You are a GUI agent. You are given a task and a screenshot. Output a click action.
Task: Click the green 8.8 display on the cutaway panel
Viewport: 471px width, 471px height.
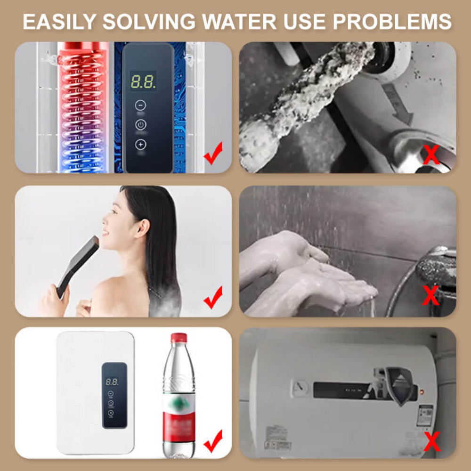(143, 81)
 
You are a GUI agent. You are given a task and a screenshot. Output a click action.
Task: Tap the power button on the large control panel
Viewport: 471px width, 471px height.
(141, 124)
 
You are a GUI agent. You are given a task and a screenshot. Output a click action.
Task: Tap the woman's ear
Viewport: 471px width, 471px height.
(141, 228)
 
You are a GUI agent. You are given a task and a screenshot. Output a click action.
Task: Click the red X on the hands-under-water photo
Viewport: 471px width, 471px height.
(431, 295)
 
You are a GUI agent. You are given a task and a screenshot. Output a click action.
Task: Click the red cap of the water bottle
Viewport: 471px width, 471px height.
(179, 338)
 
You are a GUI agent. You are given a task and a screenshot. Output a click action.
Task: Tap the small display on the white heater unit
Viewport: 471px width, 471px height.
(112, 382)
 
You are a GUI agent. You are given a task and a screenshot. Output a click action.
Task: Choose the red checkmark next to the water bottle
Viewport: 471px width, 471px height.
(213, 440)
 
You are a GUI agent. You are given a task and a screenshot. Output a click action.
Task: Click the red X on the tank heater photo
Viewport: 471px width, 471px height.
(431, 441)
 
